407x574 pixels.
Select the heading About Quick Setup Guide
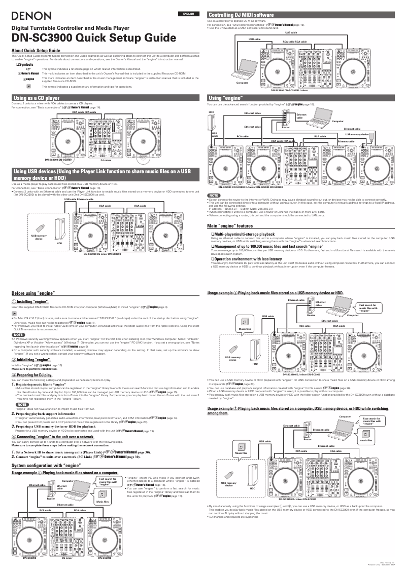click(36, 51)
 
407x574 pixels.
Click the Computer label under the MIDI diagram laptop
click(242, 82)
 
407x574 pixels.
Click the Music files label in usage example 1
click(103, 502)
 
